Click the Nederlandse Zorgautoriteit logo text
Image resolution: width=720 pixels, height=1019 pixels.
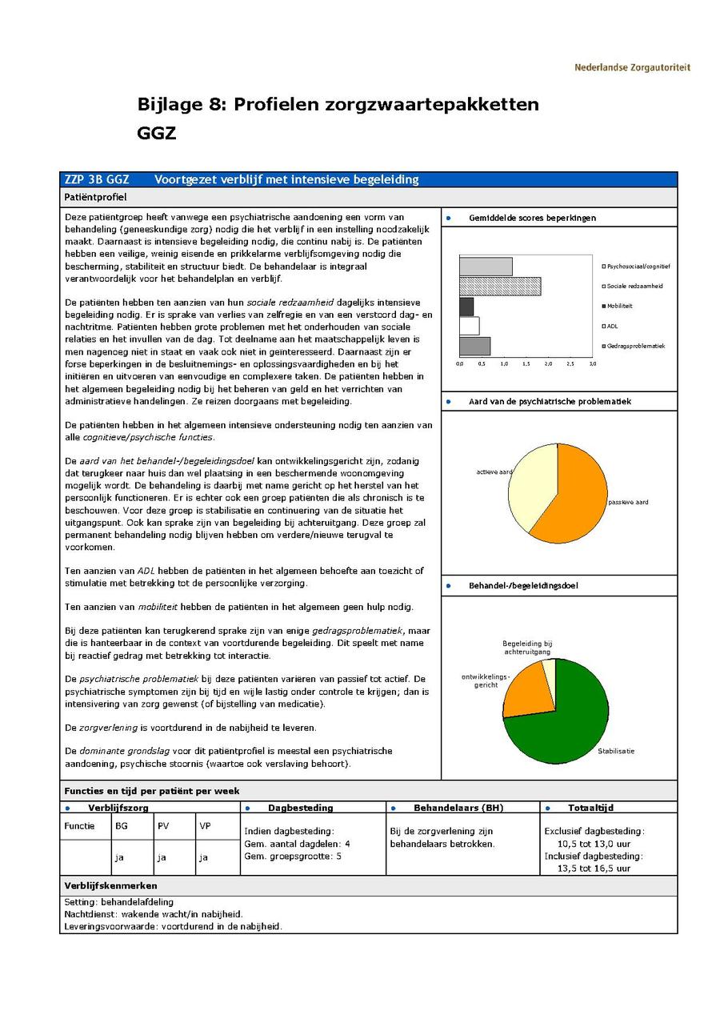632,67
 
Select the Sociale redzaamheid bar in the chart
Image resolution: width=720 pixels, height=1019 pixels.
500,287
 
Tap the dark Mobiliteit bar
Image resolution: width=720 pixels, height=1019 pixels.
466,307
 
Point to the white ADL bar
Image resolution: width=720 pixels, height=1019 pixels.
470,327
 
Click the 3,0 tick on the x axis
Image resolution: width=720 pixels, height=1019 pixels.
592,363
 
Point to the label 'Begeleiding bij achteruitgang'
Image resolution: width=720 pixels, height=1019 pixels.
527,648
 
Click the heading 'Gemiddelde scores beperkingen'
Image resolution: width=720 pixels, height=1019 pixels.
532,218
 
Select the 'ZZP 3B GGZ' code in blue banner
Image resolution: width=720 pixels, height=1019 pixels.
97,179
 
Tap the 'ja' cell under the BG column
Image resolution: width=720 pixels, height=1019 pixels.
119,857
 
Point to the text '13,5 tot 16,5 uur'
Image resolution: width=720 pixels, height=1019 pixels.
594,868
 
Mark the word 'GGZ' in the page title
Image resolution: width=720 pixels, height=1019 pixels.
157,133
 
